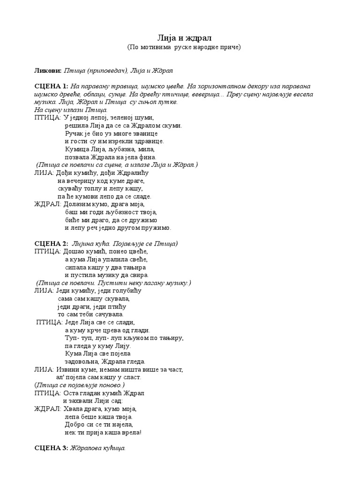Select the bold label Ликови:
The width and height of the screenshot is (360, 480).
[48, 70]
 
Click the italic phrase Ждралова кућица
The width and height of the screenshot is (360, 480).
[98, 448]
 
